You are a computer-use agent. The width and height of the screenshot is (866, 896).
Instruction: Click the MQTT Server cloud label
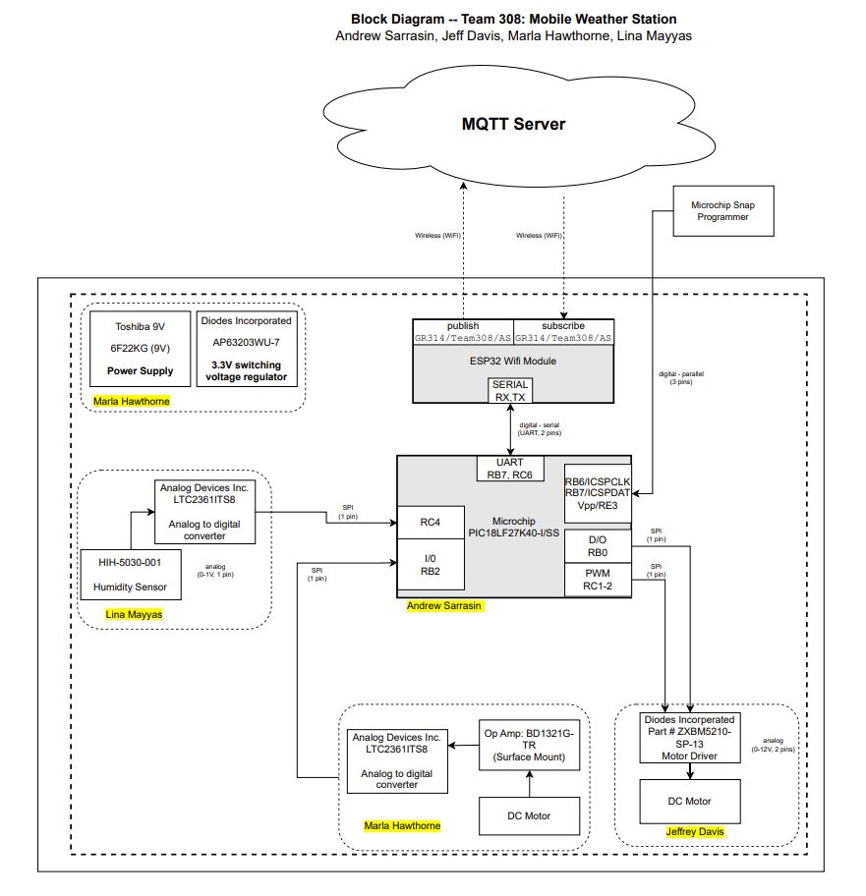click(514, 125)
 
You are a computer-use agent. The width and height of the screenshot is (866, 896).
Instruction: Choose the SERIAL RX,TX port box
click(512, 390)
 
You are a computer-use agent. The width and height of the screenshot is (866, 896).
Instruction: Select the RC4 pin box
click(424, 522)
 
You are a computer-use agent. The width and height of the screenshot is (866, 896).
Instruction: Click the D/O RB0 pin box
click(597, 546)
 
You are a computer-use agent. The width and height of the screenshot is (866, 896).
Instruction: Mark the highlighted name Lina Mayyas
click(133, 615)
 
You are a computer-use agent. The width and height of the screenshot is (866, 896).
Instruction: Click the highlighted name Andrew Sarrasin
click(444, 606)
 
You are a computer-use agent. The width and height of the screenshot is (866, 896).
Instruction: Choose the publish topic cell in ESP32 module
click(462, 331)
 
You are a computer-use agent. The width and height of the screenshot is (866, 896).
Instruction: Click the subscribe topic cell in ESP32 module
click(563, 331)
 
